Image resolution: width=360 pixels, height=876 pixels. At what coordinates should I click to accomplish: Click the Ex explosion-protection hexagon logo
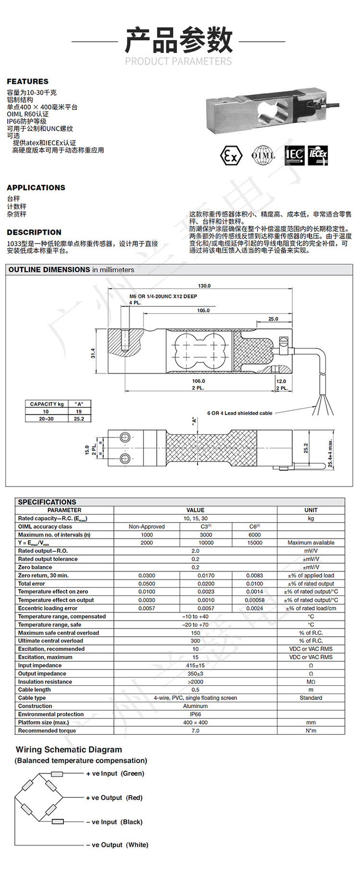click(x=231, y=156)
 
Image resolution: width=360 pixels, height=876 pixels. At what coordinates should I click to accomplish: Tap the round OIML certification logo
click(x=263, y=155)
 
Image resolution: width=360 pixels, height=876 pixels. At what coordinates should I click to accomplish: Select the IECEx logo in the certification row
click(x=318, y=155)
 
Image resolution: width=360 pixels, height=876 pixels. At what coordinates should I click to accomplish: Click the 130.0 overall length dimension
click(x=204, y=286)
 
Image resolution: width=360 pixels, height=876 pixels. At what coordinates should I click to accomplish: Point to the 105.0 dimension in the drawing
click(x=203, y=311)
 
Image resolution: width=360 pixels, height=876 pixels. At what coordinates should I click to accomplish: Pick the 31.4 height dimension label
click(x=93, y=353)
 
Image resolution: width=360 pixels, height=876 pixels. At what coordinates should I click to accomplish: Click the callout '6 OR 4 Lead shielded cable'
click(x=240, y=413)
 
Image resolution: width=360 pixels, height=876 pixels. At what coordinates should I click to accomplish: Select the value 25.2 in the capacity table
click(x=79, y=419)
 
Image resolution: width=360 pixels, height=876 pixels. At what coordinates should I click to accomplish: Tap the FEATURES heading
click(x=28, y=82)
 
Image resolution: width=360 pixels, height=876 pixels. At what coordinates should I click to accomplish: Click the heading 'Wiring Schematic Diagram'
click(x=69, y=750)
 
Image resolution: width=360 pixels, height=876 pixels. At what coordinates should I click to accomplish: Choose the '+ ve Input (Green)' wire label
click(x=115, y=774)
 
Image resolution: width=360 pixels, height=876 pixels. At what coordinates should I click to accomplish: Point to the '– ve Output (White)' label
click(x=117, y=845)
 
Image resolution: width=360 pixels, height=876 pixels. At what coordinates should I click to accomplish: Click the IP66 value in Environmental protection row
click(x=195, y=714)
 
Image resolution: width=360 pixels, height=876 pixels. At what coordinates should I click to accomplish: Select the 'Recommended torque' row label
click(x=47, y=730)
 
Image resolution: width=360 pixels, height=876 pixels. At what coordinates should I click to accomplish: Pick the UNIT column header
click(x=311, y=510)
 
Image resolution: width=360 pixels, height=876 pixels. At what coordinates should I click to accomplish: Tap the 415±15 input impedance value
click(x=195, y=666)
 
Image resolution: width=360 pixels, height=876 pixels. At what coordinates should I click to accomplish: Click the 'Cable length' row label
click(x=35, y=690)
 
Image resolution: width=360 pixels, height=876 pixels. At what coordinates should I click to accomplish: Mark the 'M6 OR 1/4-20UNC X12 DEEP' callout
click(x=163, y=296)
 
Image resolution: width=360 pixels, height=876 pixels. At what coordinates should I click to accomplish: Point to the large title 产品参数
click(x=179, y=41)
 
